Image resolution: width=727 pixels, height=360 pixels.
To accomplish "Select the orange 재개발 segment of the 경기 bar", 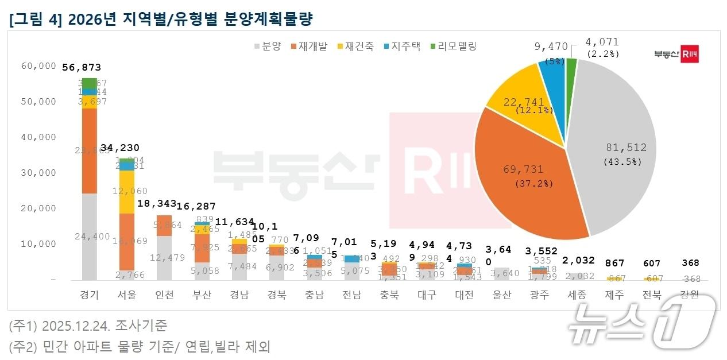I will [x=90, y=150].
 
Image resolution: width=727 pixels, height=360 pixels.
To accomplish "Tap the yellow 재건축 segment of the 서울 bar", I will [x=127, y=191].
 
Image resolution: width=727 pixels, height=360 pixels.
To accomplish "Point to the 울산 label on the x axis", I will [x=502, y=295].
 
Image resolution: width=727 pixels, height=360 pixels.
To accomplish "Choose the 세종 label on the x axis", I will [x=577, y=295].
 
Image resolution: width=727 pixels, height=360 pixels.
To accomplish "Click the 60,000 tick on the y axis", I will [x=39, y=66].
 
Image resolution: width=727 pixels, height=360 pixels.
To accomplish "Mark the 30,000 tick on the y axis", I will [x=39, y=173].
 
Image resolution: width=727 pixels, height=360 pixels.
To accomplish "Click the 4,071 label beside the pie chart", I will [x=602, y=42].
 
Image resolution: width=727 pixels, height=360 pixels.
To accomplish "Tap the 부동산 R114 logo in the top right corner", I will [x=676, y=54].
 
